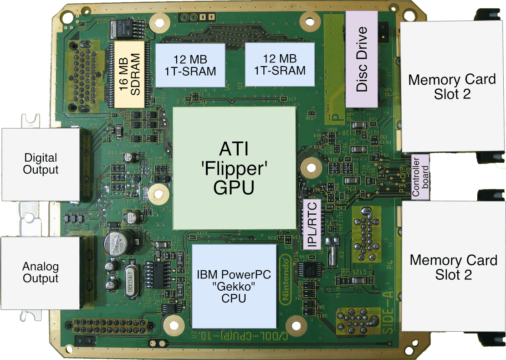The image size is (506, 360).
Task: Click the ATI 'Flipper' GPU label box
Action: [x=234, y=169]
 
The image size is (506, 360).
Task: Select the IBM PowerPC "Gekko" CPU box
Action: [x=234, y=286]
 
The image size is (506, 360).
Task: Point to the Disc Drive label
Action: [x=362, y=59]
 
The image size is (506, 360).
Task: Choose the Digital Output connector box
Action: [x=41, y=164]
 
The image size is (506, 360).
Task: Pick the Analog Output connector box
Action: [x=41, y=272]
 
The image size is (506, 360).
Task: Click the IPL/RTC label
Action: [x=312, y=225]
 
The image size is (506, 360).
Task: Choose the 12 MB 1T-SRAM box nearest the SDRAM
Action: [x=190, y=65]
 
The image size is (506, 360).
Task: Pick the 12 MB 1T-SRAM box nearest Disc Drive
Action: [x=280, y=65]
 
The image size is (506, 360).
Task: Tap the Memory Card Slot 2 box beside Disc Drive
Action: [x=451, y=86]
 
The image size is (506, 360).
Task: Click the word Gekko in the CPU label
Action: [x=234, y=287]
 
